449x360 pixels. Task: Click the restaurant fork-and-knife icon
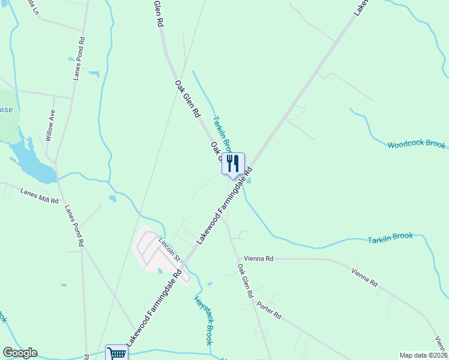(x=233, y=163)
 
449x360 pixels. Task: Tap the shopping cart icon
(x=116, y=353)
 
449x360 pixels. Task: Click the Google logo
(x=20, y=353)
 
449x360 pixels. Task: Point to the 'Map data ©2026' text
(x=423, y=355)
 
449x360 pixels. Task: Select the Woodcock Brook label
(x=416, y=145)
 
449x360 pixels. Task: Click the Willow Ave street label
(x=50, y=125)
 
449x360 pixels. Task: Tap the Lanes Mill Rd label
(x=39, y=196)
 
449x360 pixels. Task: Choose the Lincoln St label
(x=169, y=248)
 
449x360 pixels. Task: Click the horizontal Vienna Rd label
(x=259, y=259)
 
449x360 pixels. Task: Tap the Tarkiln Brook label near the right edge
(x=390, y=238)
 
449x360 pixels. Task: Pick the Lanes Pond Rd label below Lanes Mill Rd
(x=73, y=227)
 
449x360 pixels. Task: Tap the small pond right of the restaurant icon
(x=249, y=181)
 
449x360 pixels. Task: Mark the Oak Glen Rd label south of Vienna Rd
(x=245, y=281)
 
